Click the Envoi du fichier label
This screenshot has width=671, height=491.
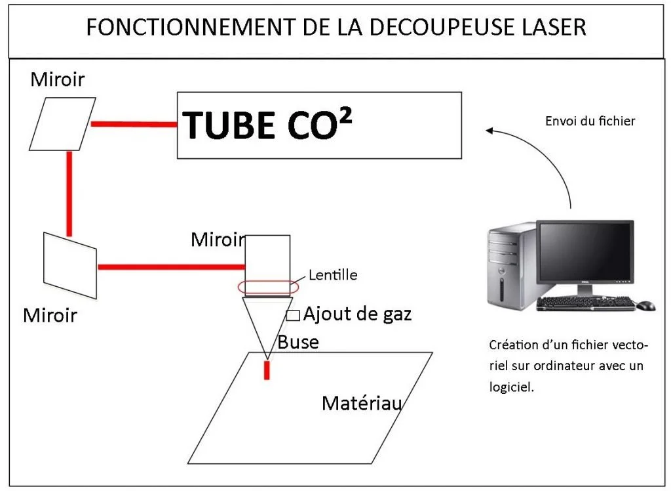[x=590, y=121]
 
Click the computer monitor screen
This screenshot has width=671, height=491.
[x=585, y=252]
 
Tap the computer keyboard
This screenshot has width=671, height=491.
[x=585, y=303]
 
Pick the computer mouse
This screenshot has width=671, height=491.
[x=645, y=305]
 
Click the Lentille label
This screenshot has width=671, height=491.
[x=334, y=275]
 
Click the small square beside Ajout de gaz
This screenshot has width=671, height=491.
[x=293, y=315]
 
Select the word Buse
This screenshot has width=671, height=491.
[x=298, y=341]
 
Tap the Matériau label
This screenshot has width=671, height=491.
[x=361, y=403]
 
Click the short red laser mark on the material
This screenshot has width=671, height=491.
[x=267, y=370]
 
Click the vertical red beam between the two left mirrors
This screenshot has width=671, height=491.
[x=69, y=193]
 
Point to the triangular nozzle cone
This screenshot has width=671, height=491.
[x=267, y=322]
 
